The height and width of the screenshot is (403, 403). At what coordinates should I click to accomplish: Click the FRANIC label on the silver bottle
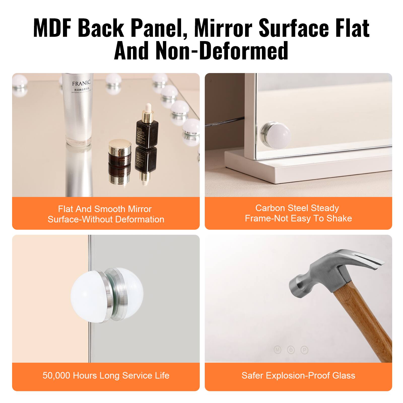[81, 83]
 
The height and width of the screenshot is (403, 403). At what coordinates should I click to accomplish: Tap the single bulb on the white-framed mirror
[276, 133]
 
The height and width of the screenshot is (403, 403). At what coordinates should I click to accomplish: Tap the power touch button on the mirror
[291, 350]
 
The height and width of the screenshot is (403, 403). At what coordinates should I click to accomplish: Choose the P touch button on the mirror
[304, 350]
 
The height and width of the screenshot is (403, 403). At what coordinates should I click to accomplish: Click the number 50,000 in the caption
[56, 376]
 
